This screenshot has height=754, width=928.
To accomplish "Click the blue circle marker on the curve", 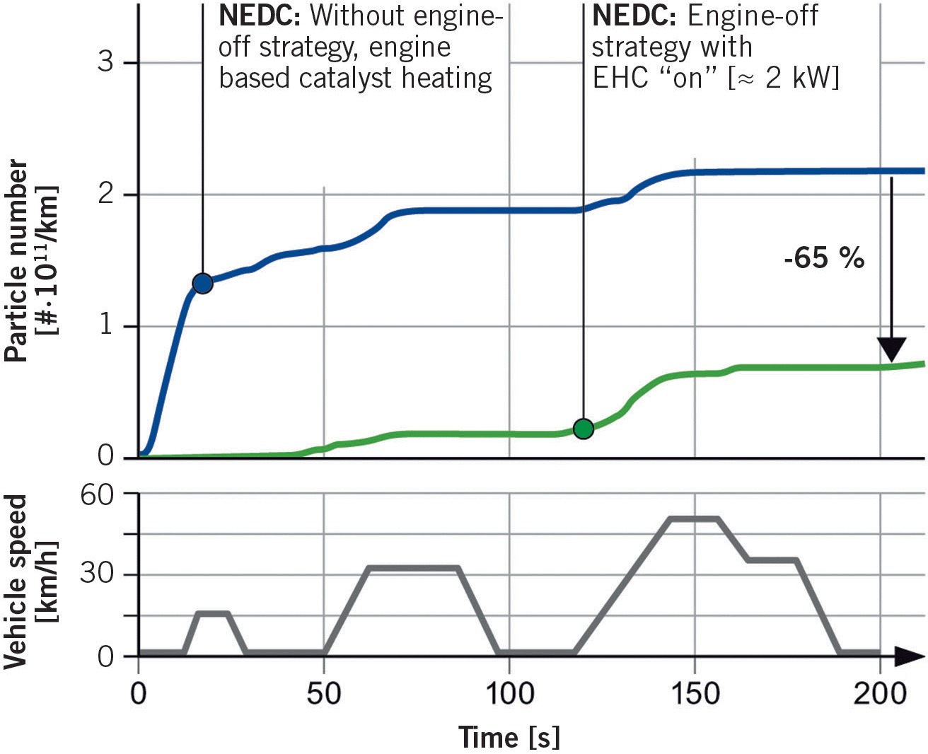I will (x=202, y=284).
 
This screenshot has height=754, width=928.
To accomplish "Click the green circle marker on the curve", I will (x=583, y=429).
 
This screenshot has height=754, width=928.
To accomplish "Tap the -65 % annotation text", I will (x=824, y=257).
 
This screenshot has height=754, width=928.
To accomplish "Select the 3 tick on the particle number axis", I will (x=105, y=62).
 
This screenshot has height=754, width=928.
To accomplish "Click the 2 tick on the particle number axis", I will (x=105, y=194).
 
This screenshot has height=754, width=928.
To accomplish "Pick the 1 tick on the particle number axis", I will (x=105, y=325).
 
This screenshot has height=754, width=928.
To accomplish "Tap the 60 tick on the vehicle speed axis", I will (x=96, y=494).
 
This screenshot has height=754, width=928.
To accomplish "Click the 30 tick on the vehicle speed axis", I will (x=96, y=573).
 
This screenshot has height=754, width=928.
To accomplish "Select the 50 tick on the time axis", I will (x=323, y=694).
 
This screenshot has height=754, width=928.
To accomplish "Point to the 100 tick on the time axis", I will (x=509, y=694).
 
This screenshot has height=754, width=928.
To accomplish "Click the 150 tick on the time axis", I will (x=695, y=694).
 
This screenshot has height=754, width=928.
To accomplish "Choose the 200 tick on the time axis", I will (x=879, y=694).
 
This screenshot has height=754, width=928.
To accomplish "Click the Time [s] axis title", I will (x=509, y=737).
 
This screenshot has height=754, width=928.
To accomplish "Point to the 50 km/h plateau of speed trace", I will (x=694, y=518).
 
